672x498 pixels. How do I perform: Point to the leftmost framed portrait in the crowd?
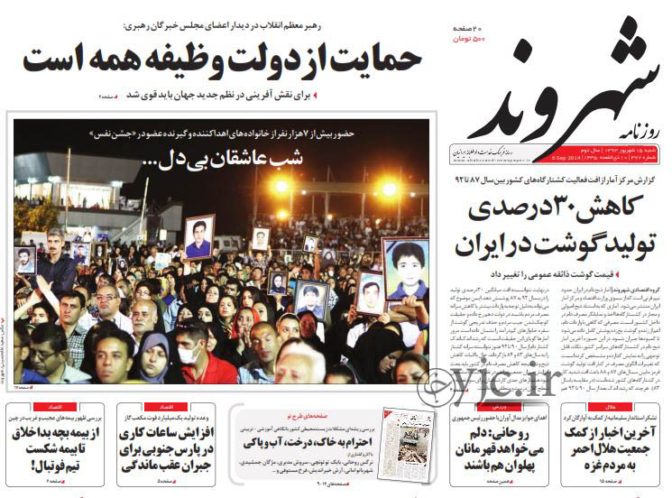25,260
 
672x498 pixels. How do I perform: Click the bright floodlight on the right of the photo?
390,189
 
